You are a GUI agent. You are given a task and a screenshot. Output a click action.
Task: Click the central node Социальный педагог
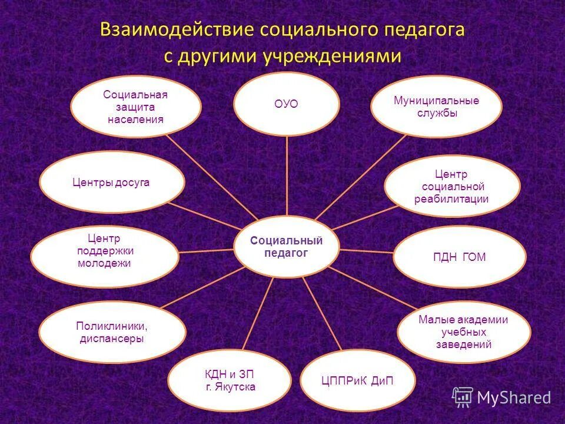tap(287, 247)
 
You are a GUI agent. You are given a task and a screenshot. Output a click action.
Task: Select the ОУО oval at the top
tap(287, 104)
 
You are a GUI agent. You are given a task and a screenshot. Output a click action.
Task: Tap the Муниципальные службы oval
tap(436, 107)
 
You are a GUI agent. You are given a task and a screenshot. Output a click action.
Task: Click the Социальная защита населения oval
tap(136, 107)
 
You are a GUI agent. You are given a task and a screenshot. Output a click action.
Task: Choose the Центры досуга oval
tap(112, 183)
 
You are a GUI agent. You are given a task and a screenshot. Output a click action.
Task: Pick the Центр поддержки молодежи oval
tap(105, 257)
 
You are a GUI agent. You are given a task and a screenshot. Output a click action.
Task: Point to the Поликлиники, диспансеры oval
tap(112, 332)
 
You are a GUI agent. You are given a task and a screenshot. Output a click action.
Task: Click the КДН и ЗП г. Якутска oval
tap(230, 380)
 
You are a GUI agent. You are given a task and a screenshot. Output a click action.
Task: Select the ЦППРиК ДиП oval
tap(357, 380)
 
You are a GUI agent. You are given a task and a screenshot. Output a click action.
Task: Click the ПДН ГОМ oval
tap(459, 257)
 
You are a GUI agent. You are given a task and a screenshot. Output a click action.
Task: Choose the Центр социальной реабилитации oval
tap(452, 186)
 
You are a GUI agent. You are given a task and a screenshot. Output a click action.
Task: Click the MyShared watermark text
tap(514, 398)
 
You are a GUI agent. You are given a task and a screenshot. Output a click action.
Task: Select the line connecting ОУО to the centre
tap(287, 177)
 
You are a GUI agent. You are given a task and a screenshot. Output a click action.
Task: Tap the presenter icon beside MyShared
tap(463, 397)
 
